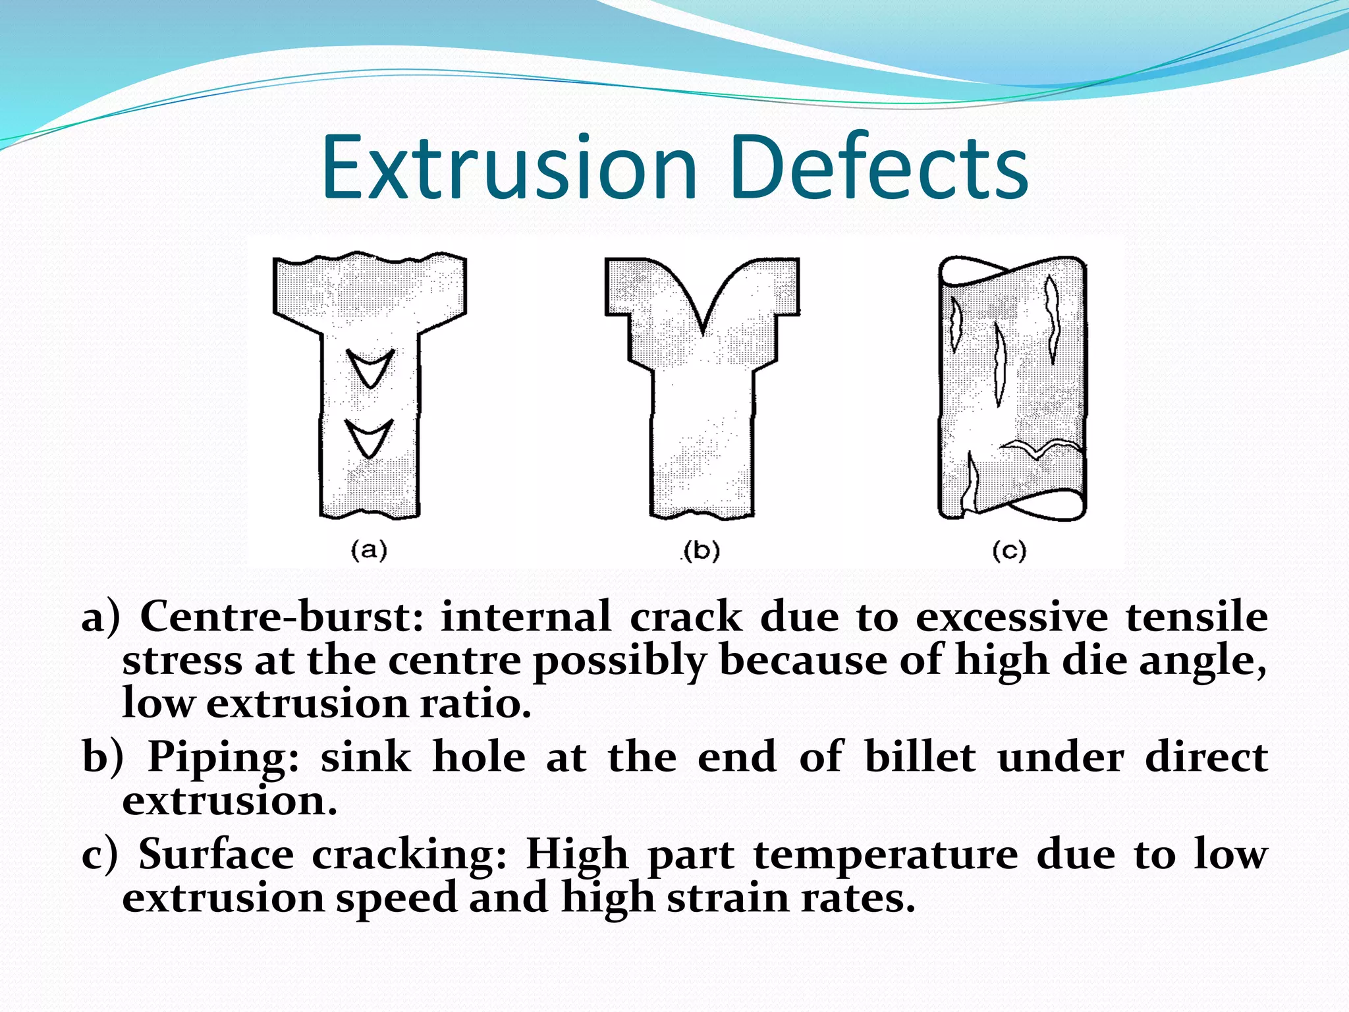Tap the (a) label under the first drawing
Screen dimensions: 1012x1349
(369, 549)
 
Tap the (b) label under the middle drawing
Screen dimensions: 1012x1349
(702, 551)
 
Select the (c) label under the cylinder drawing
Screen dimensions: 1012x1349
(1009, 551)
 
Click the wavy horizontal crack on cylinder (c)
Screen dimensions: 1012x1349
(1041, 449)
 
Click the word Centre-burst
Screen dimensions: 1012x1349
(282, 618)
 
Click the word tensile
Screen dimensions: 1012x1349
(1196, 618)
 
